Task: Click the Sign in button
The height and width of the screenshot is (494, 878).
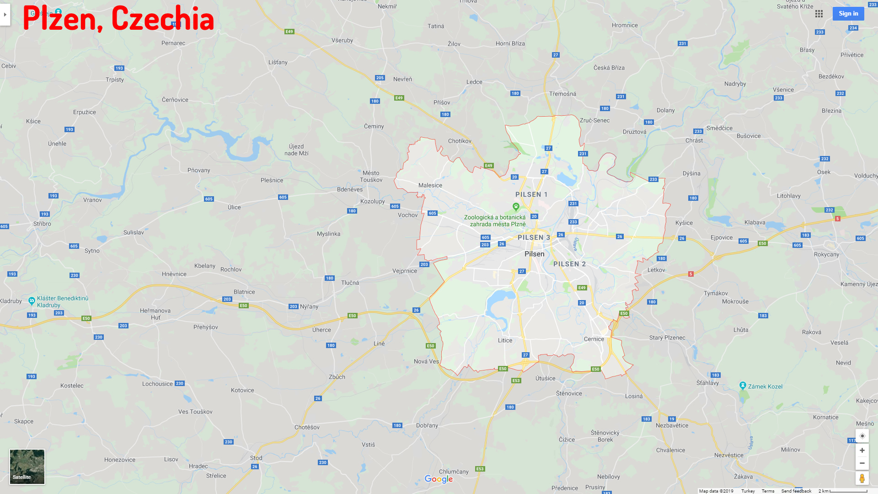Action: pos(848,14)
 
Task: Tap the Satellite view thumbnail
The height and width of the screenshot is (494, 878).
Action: pos(27,466)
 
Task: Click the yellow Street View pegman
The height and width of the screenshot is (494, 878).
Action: pos(862,478)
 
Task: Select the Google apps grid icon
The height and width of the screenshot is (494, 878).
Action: pos(819,14)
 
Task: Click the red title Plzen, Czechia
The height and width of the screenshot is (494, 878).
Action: pos(118,19)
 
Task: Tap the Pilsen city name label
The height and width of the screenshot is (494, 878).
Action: pos(534,254)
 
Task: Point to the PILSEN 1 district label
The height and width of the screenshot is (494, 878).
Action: pos(531,194)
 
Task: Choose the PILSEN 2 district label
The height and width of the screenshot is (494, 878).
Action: pos(569,264)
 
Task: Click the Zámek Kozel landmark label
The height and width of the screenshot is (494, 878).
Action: pos(765,387)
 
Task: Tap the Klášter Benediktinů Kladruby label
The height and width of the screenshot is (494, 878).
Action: pos(63,302)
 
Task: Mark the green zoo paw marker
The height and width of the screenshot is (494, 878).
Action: pos(516,207)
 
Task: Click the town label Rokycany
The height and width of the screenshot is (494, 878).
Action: pos(826,254)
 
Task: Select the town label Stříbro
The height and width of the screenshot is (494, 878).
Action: pos(42,224)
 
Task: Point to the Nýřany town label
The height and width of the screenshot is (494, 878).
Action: pos(309,306)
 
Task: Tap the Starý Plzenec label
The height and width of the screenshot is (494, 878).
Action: pos(667,338)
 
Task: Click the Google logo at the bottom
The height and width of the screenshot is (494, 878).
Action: pos(439,479)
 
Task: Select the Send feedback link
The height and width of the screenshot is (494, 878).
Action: pos(796,491)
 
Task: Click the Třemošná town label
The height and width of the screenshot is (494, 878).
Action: pos(562,94)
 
